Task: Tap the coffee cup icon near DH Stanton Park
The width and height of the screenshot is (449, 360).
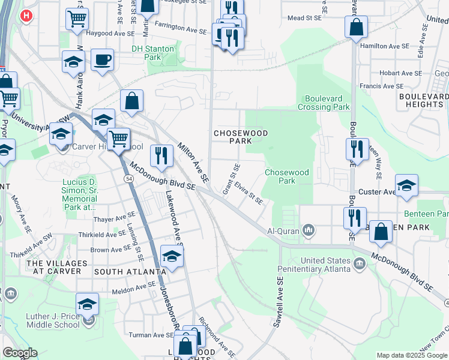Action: pos(102,60)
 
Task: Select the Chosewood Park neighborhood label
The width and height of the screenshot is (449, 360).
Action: pos(231,136)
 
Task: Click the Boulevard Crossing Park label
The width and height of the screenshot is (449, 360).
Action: pos(327,103)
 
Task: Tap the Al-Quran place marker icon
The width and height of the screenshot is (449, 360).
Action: pos(309,230)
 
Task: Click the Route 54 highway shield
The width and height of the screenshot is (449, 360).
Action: pos(128,179)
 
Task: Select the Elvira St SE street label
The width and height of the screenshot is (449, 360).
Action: pos(249,193)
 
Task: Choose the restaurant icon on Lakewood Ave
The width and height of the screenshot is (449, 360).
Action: pos(161,156)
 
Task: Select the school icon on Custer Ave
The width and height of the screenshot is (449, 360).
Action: pos(406,185)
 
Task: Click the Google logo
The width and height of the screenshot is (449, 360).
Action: pos(20,353)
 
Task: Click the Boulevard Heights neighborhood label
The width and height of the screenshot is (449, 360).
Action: pos(423,100)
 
